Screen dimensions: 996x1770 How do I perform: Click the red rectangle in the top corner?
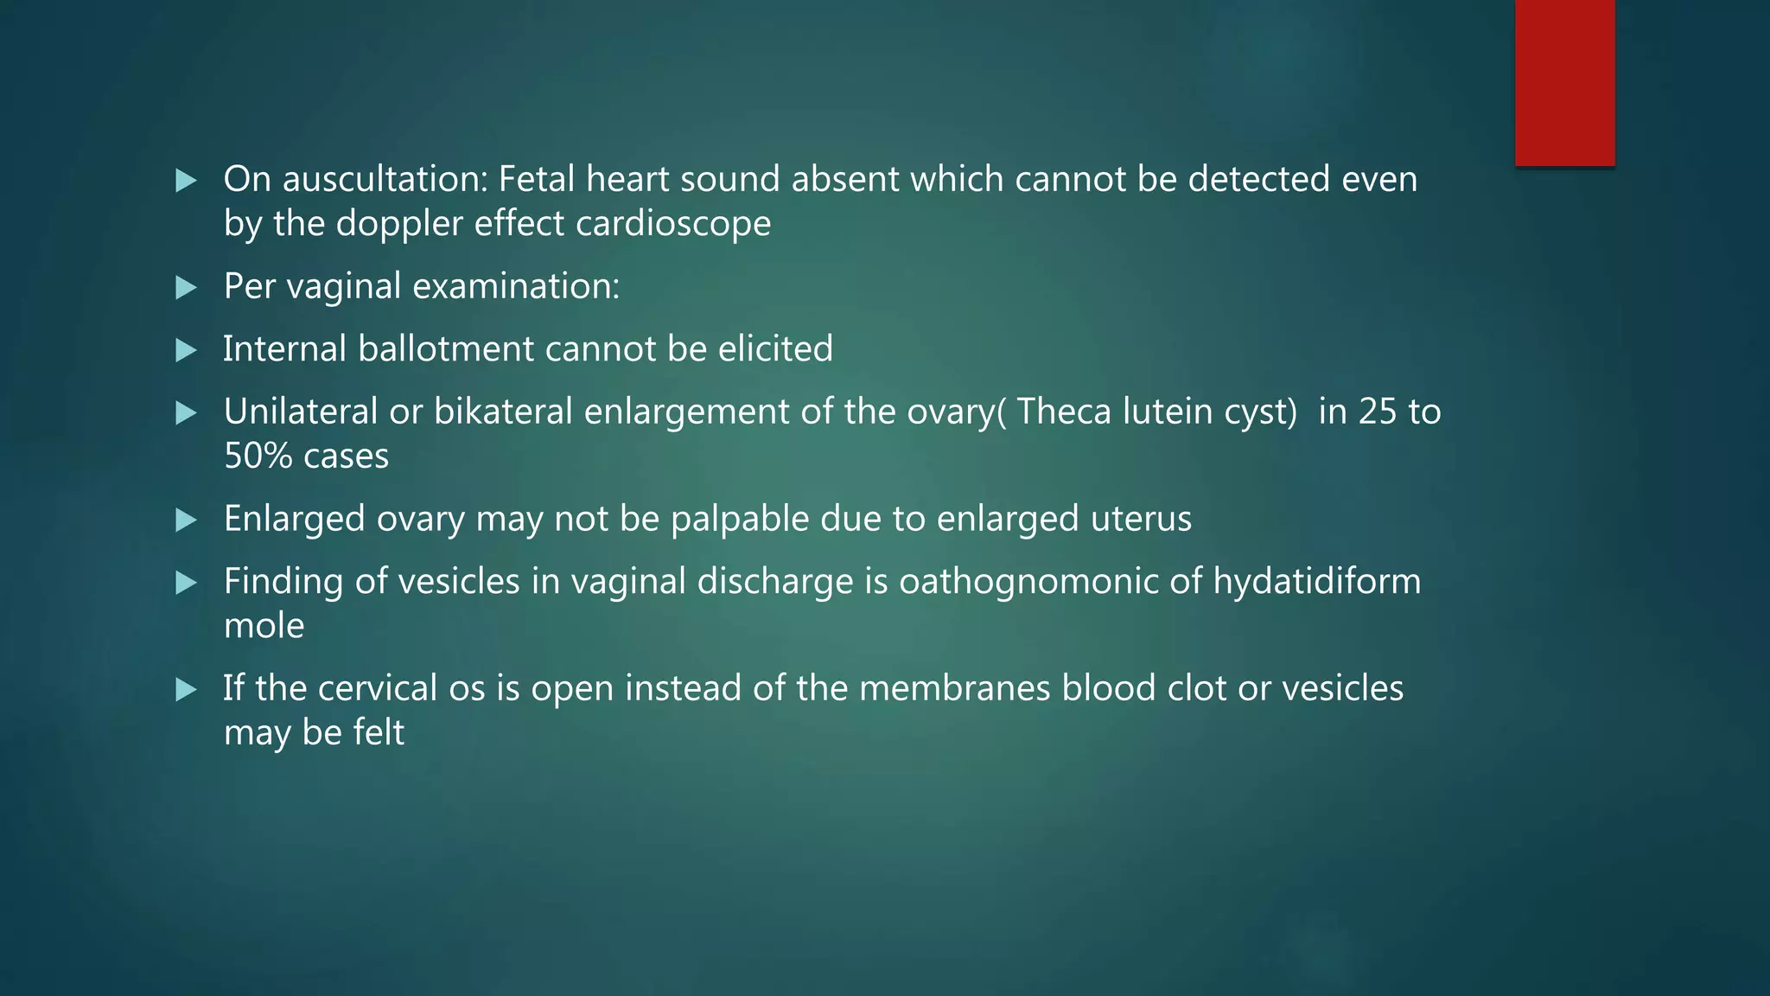pyautogui.click(x=1564, y=83)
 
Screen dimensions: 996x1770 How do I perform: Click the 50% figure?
pyautogui.click(x=258, y=456)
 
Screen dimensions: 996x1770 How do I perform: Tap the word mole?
pyautogui.click(x=264, y=626)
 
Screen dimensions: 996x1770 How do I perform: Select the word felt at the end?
pyautogui.click(x=379, y=733)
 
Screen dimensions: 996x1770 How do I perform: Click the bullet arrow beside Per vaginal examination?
pyautogui.click(x=187, y=288)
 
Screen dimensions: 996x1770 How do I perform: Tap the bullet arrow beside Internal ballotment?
pyautogui.click(x=187, y=350)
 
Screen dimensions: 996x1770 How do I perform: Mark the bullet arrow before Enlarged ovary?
pyautogui.click(x=187, y=520)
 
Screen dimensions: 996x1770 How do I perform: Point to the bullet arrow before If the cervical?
pyautogui.click(x=187, y=690)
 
